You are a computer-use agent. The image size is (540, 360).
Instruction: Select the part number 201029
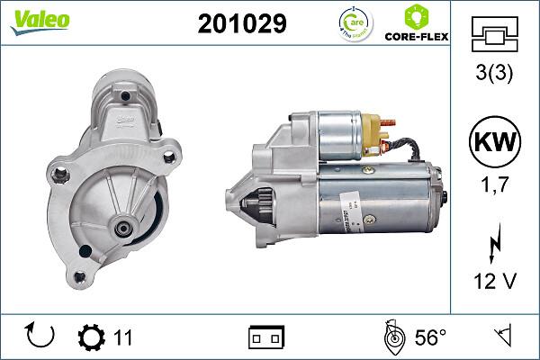(x=241, y=24)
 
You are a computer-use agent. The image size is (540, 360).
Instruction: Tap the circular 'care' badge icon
(x=350, y=24)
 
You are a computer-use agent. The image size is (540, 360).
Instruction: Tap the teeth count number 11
(x=123, y=337)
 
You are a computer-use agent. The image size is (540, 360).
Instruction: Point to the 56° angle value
(x=430, y=337)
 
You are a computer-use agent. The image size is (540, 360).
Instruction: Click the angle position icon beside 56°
(x=392, y=337)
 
